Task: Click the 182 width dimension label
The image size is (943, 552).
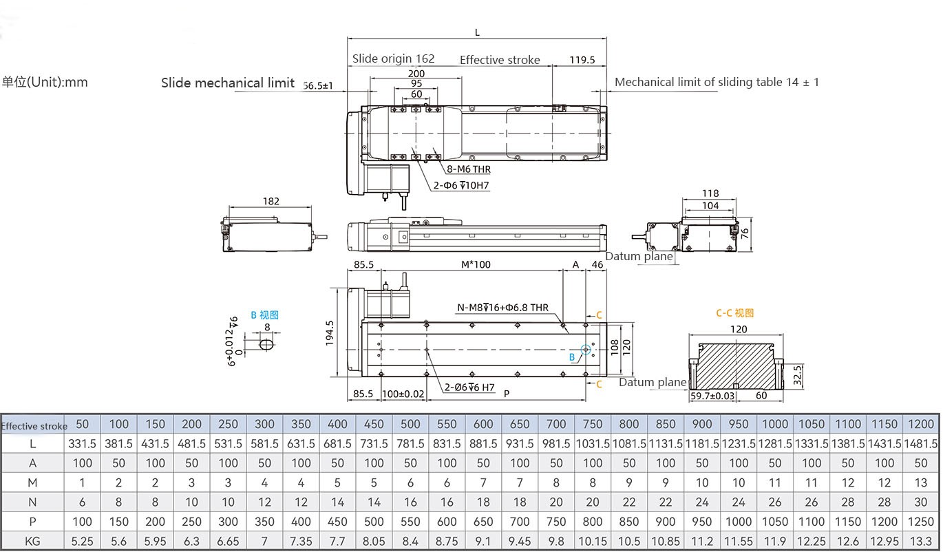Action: (271, 201)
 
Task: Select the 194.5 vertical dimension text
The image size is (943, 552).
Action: (330, 333)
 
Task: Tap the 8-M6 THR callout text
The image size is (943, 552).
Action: (468, 169)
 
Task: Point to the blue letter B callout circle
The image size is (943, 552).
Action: (586, 350)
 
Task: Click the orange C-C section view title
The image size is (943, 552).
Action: (734, 312)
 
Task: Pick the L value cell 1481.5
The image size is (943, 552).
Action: (921, 444)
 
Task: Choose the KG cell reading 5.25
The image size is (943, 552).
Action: (82, 541)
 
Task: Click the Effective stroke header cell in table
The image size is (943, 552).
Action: (34, 425)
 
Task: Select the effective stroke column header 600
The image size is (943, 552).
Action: (483, 424)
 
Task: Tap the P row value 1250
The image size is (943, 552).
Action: (921, 522)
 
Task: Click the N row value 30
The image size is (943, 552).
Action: (921, 502)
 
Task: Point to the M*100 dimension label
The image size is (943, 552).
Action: (476, 264)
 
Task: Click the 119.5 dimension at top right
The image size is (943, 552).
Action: (582, 60)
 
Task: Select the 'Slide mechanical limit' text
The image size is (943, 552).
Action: (228, 83)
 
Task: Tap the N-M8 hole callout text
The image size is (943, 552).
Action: (502, 308)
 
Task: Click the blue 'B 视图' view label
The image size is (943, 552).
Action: (264, 315)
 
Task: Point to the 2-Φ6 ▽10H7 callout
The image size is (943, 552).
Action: (461, 185)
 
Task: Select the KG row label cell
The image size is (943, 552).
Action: (32, 541)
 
